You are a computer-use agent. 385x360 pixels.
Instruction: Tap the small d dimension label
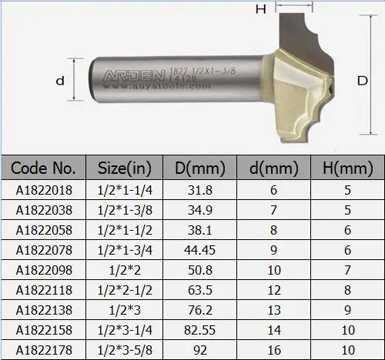59,79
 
